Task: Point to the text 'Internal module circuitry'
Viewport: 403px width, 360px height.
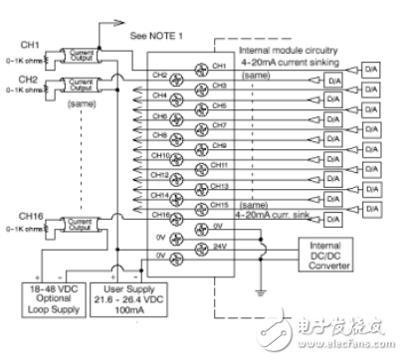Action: (x=290, y=49)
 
